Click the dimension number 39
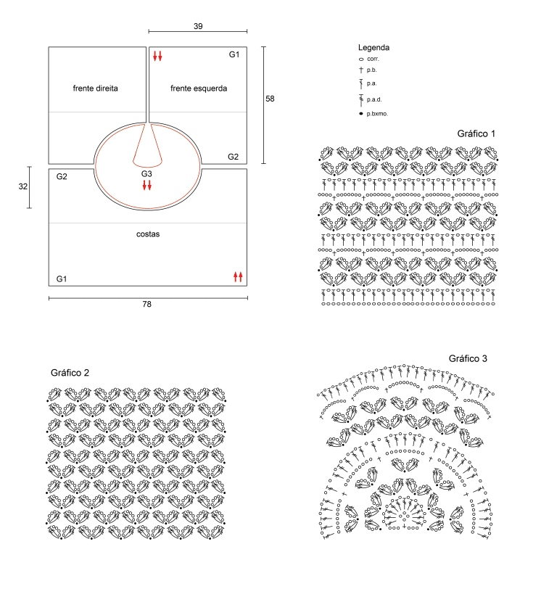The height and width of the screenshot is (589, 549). click(x=198, y=26)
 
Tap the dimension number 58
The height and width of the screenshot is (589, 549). click(x=270, y=99)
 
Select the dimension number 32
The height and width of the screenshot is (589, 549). click(x=23, y=186)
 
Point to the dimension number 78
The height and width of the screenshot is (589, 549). click(x=146, y=304)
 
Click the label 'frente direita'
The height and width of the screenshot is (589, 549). click(x=96, y=88)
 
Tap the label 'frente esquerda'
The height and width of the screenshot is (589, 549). click(x=199, y=88)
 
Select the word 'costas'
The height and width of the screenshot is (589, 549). click(x=148, y=234)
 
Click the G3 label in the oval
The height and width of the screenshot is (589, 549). click(x=146, y=174)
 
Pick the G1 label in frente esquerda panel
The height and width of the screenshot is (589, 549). click(x=234, y=54)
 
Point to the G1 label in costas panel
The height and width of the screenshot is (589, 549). click(x=61, y=279)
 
